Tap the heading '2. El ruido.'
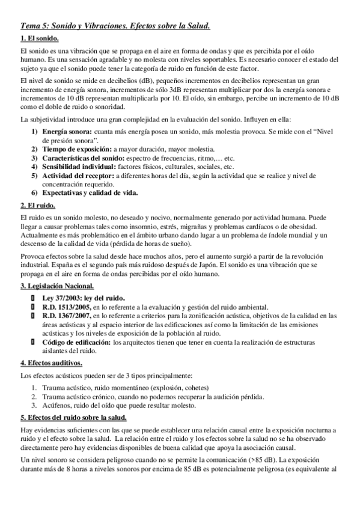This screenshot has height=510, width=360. [x=37, y=205]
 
